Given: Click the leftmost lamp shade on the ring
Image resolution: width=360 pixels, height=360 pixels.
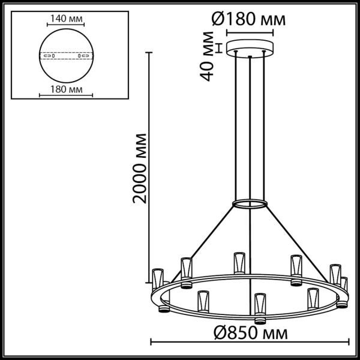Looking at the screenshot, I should [x=158, y=277].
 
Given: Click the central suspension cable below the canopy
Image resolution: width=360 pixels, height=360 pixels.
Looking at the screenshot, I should [x=248, y=132].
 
